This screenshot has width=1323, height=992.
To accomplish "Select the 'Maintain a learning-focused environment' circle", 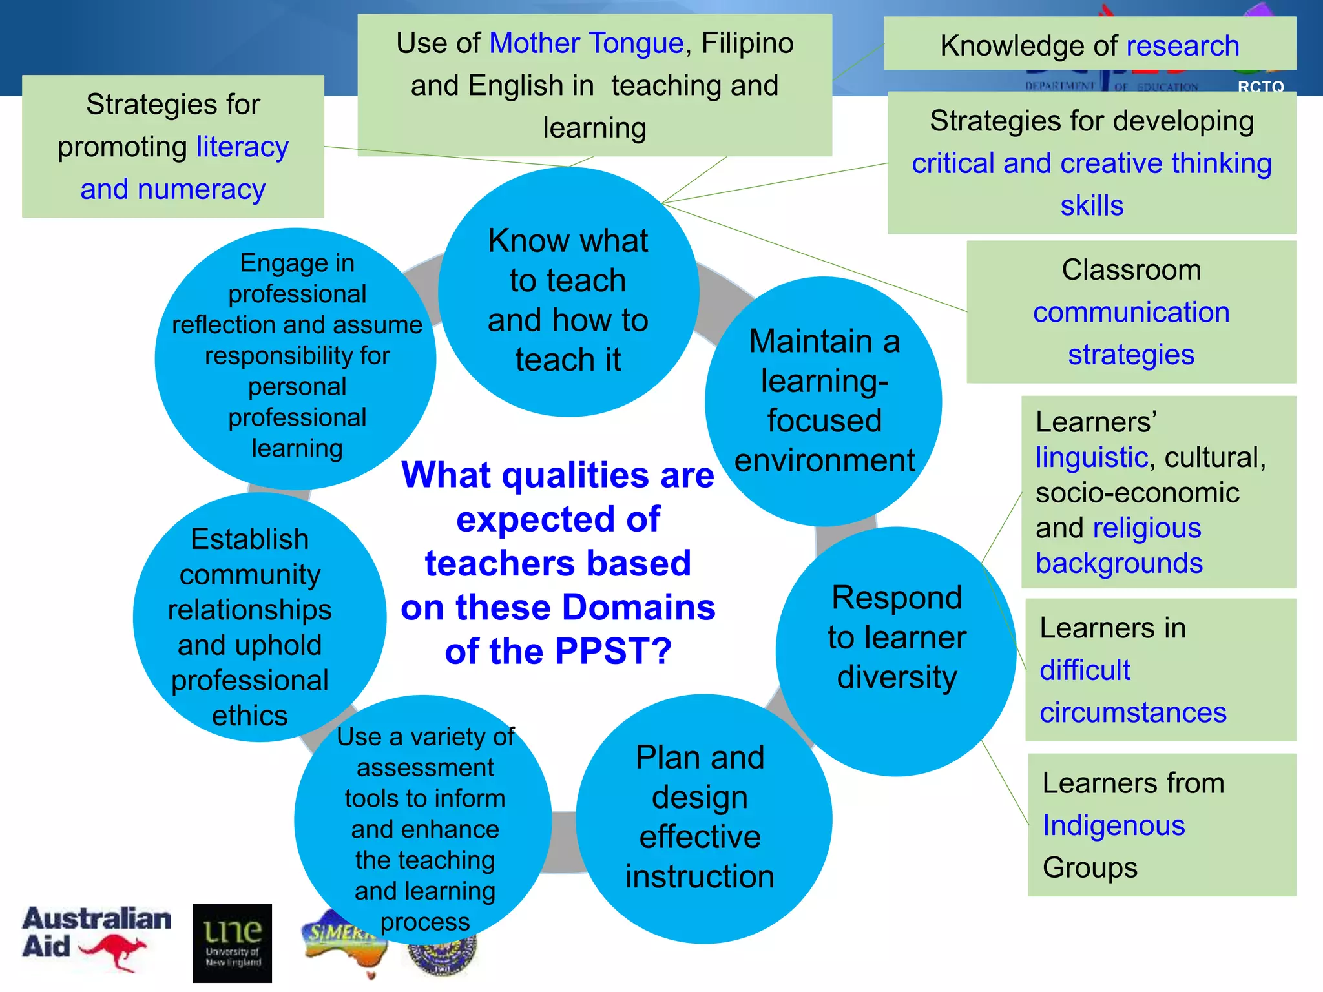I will [x=824, y=400].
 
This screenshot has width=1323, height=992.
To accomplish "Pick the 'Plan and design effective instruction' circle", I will [x=700, y=817].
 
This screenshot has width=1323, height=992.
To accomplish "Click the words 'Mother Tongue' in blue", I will [x=586, y=44].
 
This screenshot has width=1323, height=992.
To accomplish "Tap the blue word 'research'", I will [x=1182, y=46].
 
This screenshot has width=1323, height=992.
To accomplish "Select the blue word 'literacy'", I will [x=242, y=147].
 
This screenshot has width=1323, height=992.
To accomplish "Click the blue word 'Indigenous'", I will [x=1114, y=825].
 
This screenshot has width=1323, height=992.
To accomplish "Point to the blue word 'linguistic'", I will [x=1091, y=457].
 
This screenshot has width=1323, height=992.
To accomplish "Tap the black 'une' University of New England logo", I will [x=232, y=942].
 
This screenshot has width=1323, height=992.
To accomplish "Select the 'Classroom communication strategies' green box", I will [x=1130, y=312].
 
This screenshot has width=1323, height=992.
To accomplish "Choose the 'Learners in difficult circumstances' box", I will [x=1160, y=670].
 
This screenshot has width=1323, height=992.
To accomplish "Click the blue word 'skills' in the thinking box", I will [x=1092, y=206].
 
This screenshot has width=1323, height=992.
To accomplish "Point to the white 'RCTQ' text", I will [x=1260, y=87].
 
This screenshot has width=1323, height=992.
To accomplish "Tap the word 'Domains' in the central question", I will [x=638, y=607].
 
